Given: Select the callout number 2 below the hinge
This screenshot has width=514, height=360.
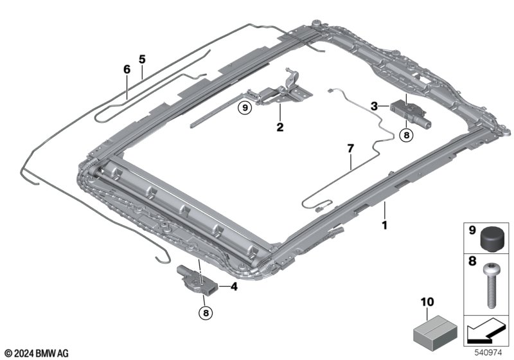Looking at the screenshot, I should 280,127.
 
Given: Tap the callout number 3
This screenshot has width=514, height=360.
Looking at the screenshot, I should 375,105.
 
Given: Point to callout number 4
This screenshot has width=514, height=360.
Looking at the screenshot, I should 234,287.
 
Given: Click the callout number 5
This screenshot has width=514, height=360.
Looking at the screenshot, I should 142,59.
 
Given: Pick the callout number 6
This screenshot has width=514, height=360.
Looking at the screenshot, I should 127,69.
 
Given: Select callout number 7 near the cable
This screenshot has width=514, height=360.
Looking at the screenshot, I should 350,148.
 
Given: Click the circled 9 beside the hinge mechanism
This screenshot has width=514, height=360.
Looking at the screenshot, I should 244,108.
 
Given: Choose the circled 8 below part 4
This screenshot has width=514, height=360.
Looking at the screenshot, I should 205,313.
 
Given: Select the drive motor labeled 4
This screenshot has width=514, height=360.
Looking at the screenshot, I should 195,277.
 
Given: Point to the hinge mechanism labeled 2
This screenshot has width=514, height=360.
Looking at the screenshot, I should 283,92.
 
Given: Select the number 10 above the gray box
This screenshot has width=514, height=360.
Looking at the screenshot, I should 428,301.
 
